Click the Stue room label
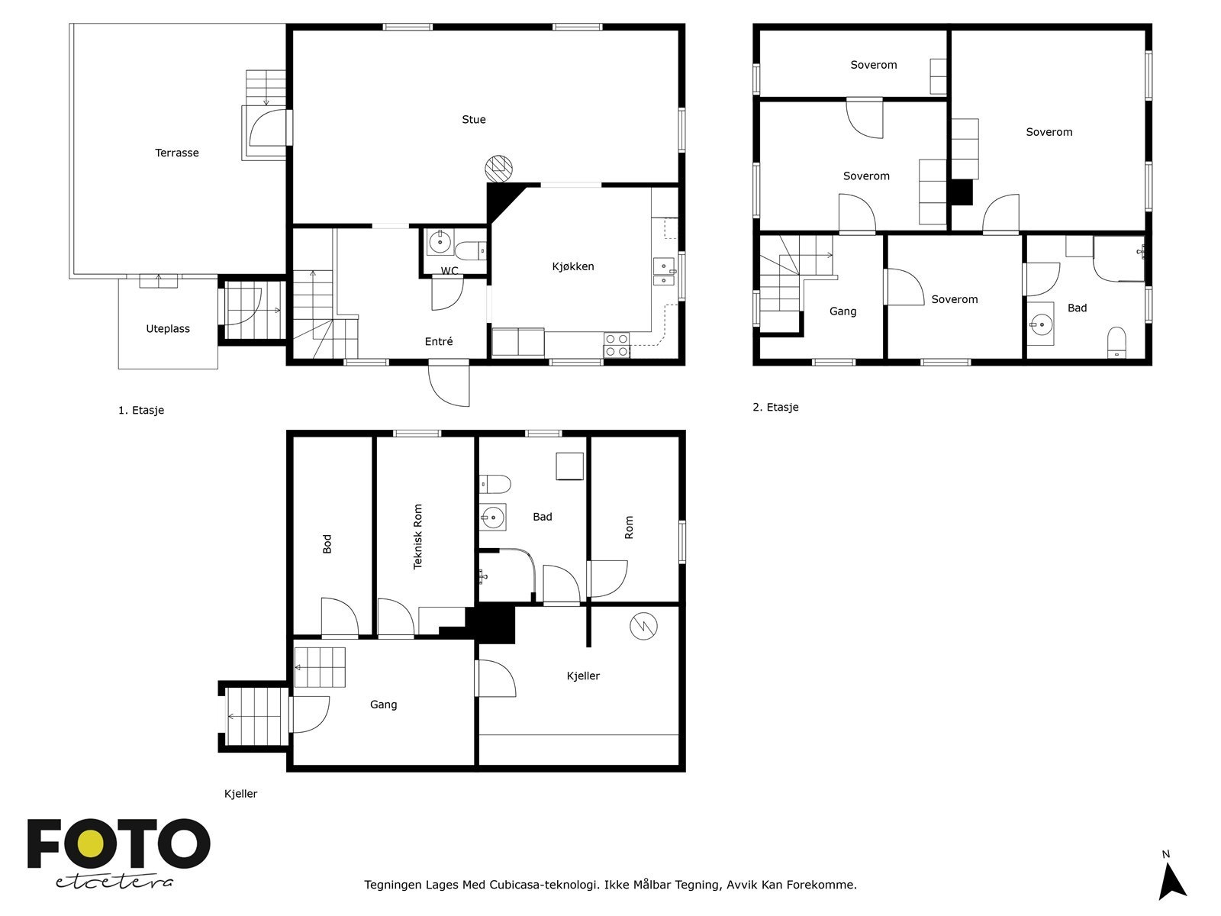click(x=473, y=120)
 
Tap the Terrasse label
click(x=176, y=153)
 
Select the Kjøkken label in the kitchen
click(x=573, y=266)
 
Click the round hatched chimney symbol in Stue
click(x=498, y=169)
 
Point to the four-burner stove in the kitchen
click(x=617, y=345)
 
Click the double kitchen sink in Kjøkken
click(x=663, y=272)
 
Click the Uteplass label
click(x=168, y=329)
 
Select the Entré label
click(x=439, y=341)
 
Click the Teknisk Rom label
click(x=417, y=537)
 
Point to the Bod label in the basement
click(x=327, y=544)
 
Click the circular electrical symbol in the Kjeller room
click(x=643, y=626)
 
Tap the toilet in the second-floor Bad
click(x=1116, y=342)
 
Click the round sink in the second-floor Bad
click(x=1040, y=324)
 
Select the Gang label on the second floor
click(x=842, y=311)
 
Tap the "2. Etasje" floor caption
click(x=775, y=407)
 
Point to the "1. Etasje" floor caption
click(x=141, y=411)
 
